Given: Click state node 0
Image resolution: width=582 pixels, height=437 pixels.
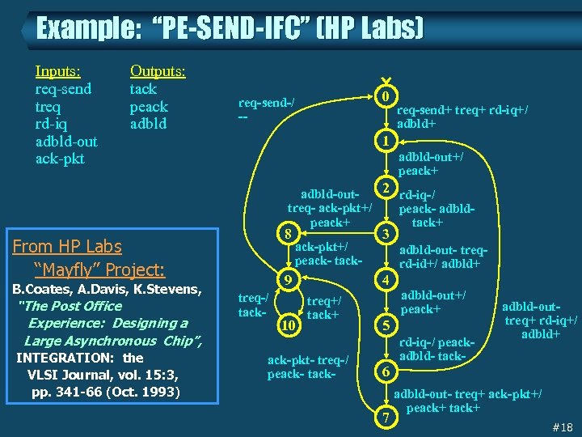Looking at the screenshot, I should [x=386, y=96].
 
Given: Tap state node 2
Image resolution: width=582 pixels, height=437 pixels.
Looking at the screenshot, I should [x=386, y=188].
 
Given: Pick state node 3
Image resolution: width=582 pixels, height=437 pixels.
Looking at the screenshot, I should [x=386, y=234].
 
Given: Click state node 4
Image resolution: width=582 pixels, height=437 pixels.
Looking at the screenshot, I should [x=386, y=280].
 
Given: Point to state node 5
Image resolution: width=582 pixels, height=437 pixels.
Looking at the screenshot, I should [x=386, y=325].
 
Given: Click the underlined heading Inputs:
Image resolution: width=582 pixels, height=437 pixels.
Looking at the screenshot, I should [x=63, y=71].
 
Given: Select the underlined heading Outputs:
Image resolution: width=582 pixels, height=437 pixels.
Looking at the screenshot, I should [x=158, y=71].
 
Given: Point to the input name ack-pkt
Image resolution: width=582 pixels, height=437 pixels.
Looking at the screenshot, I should [x=60, y=159].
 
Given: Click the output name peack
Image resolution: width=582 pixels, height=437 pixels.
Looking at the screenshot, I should [x=149, y=107].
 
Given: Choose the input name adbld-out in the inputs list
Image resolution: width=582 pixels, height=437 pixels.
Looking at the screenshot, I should [x=66, y=142].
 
